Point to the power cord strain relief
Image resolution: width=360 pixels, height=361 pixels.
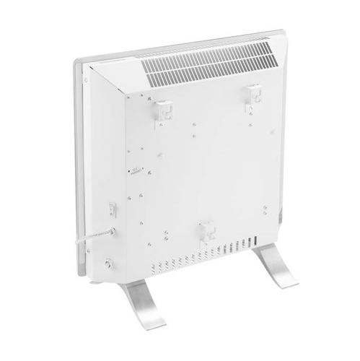point(110,232)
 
